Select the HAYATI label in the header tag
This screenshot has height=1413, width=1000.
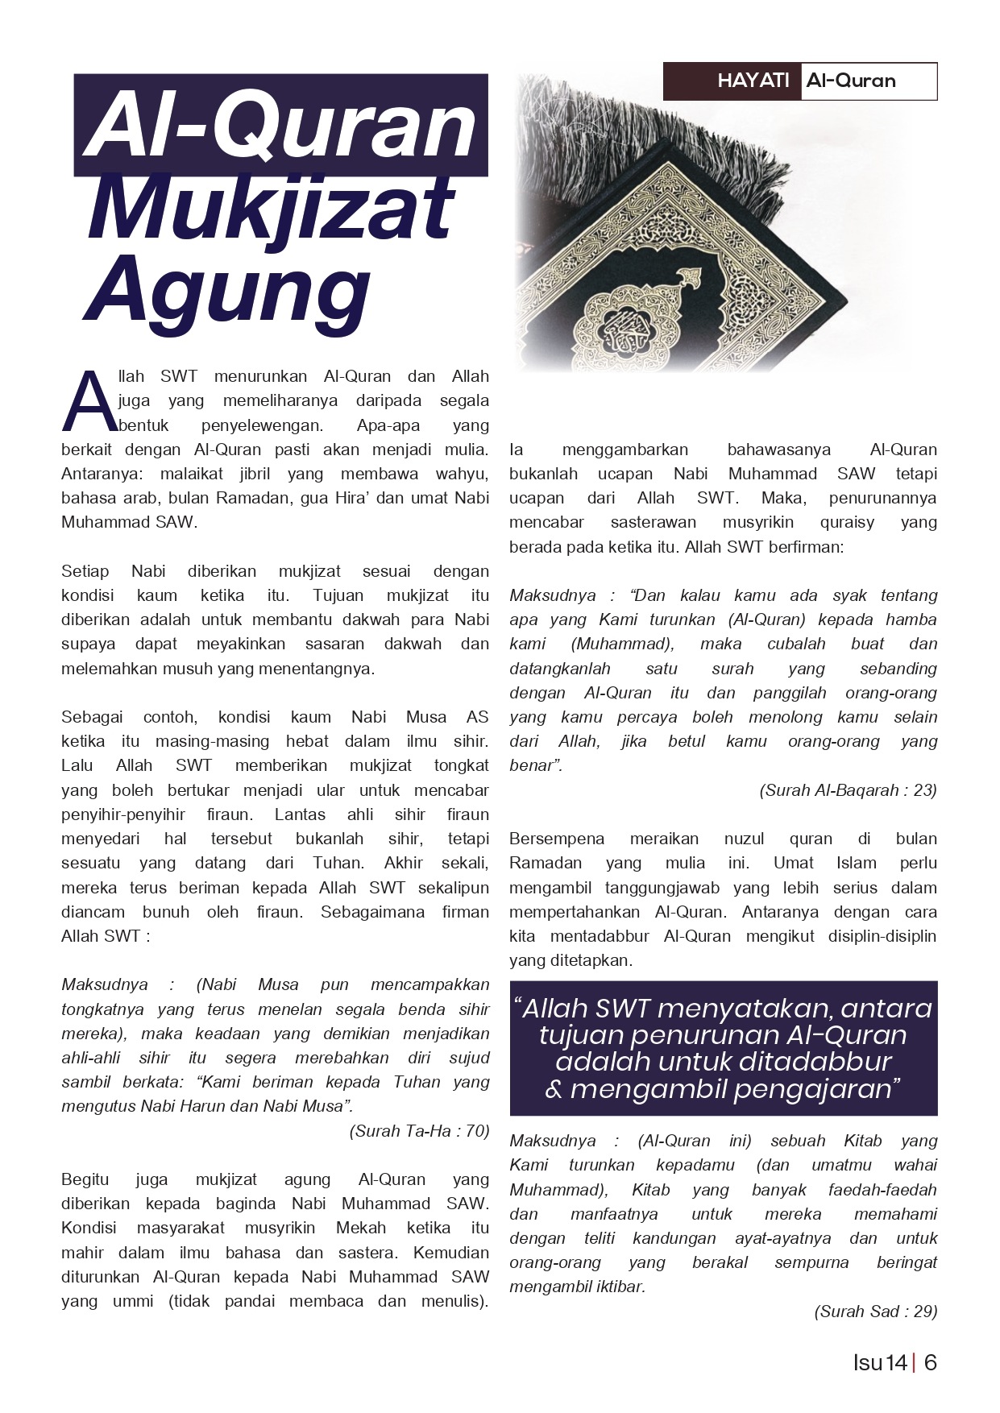tap(753, 81)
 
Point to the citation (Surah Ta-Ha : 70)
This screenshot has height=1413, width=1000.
tap(419, 1131)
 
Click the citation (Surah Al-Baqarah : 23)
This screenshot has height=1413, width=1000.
tap(848, 790)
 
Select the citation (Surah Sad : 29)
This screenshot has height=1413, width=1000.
tap(875, 1311)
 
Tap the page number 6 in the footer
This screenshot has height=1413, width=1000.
tap(930, 1363)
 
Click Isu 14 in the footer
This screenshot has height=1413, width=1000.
tap(880, 1363)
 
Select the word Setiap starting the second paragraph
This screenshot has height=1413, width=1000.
tap(85, 571)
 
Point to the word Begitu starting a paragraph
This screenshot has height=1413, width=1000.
tap(85, 1179)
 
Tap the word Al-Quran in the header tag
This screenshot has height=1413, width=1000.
tap(850, 81)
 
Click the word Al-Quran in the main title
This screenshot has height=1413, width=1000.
tap(281, 126)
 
